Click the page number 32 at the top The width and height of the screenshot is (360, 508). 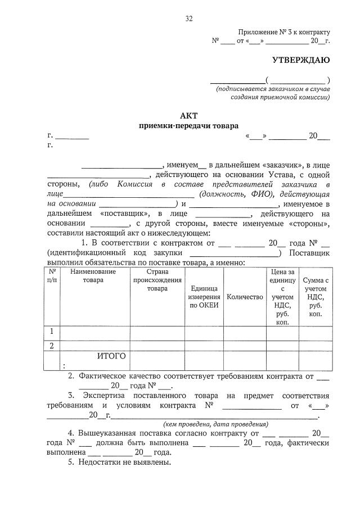[x=189, y=19]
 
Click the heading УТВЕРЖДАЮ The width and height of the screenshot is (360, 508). [x=301, y=60]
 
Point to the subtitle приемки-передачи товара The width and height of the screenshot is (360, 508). [x=188, y=126]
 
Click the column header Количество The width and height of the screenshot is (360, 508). [x=245, y=297]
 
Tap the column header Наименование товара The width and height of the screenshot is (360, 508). [x=93, y=275]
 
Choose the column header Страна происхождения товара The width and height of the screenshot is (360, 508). [x=157, y=280]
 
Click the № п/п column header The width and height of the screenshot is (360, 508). [x=52, y=275]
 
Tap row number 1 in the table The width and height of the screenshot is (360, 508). [x=52, y=332]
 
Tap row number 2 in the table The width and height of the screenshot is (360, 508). [x=52, y=346]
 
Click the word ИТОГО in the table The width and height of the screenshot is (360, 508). [x=111, y=356]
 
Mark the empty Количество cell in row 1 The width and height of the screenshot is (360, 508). [x=245, y=332]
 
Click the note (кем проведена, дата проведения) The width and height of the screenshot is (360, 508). [x=215, y=424]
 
